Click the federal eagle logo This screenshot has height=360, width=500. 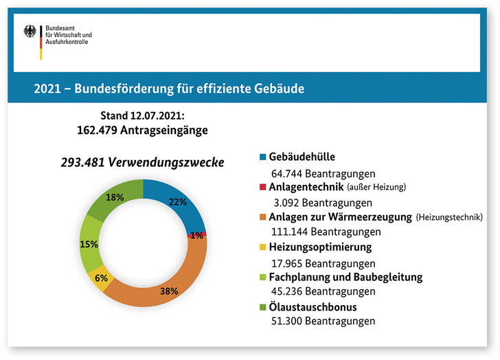pyautogui.click(x=31, y=32)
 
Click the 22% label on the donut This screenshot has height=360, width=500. pyautogui.click(x=179, y=202)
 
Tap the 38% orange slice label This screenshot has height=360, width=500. pyautogui.click(x=169, y=291)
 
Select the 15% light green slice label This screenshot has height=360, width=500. pyautogui.click(x=89, y=244)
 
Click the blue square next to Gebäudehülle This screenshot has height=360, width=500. pyautogui.click(x=264, y=157)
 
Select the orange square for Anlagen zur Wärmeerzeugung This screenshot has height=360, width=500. pyautogui.click(x=264, y=217)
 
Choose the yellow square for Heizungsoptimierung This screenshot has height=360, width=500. pyautogui.click(x=264, y=247)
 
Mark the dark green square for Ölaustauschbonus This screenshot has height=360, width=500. pyautogui.click(x=264, y=308)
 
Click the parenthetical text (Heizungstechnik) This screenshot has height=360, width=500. pyautogui.click(x=450, y=217)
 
